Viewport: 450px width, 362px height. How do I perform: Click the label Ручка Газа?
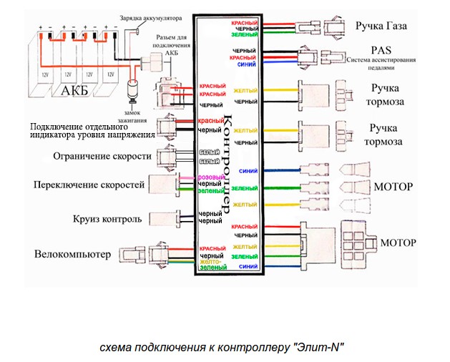coord(381,26)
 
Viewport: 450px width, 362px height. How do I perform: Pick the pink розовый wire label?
coord(211,177)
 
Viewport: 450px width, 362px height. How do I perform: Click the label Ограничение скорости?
coord(102,155)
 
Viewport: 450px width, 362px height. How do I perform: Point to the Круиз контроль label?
coord(108,218)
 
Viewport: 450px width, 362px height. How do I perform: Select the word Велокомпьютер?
coord(73,254)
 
